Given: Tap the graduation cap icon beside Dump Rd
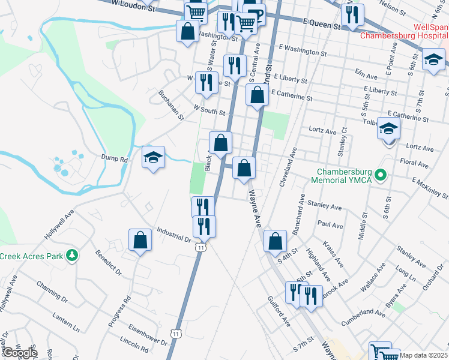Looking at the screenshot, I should (153, 158).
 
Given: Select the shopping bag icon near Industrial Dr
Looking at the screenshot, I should (140, 241).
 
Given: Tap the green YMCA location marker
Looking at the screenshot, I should (379, 176).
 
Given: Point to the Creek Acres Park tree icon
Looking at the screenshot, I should (72, 256).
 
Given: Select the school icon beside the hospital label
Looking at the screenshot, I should (433, 60).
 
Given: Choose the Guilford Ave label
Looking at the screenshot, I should (279, 312).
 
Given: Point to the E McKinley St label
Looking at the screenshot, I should (430, 187).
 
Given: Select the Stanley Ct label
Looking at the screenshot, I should (343, 141).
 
